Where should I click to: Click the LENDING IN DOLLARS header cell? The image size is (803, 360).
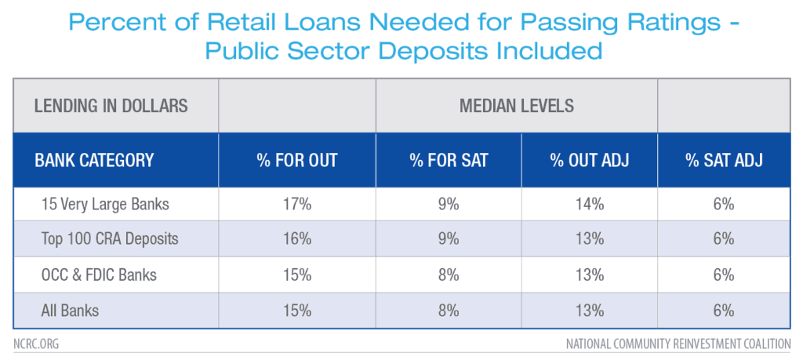pos(111,106)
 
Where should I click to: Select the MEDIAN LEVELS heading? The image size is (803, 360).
pos(517,106)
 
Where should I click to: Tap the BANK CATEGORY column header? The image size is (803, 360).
pos(94,161)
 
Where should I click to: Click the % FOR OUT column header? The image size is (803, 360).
pos(297,161)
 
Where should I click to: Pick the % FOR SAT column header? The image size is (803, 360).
pos(449,161)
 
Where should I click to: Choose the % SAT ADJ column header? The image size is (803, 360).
pos(723,161)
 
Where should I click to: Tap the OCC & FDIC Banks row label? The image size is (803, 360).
pos(99,275)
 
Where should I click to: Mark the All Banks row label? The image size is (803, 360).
pos(70,311)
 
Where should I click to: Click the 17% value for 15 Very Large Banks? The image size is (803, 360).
pos(297,204)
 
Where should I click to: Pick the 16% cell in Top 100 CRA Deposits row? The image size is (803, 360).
pos(297,239)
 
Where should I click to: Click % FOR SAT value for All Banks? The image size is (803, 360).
pos(449,311)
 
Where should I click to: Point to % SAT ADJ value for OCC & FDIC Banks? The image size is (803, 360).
pos(723,275)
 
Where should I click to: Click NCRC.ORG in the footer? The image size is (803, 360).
pos(35,344)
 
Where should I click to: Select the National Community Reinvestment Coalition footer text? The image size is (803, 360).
pos(678,344)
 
